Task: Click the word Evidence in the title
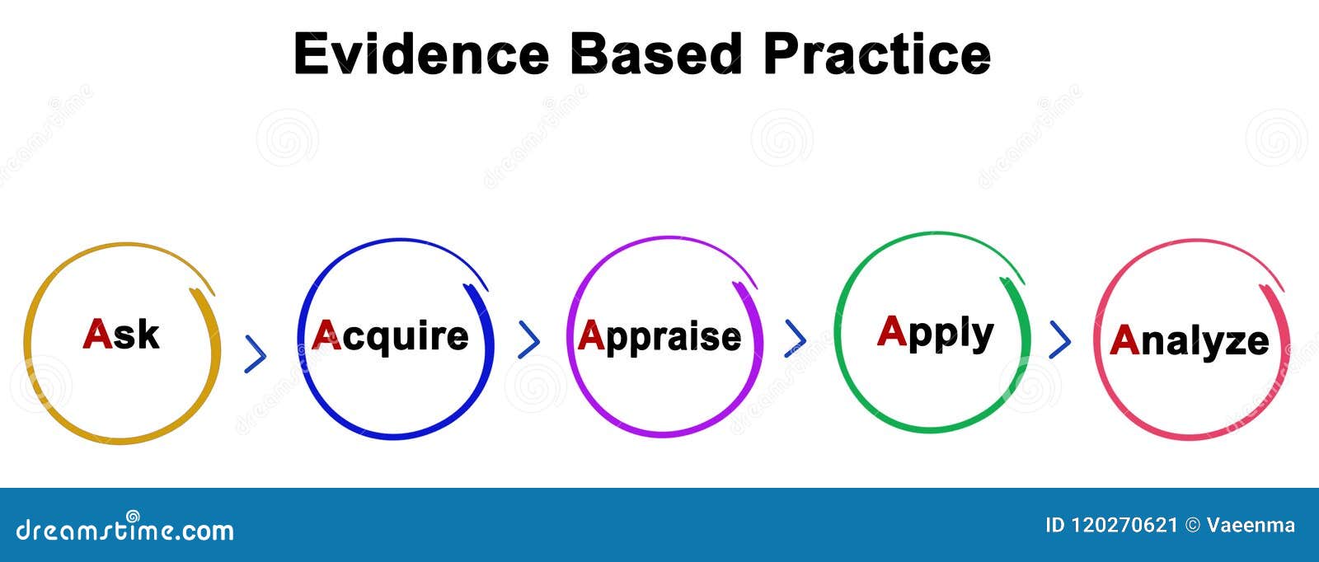[x=421, y=54]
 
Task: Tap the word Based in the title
[x=656, y=54]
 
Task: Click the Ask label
[x=121, y=335]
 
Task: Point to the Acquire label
[x=390, y=336]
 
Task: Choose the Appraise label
[x=659, y=337]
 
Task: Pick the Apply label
[x=935, y=332]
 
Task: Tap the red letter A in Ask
[x=97, y=334]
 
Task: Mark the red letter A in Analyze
[x=1124, y=340]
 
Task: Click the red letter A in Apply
[x=892, y=330]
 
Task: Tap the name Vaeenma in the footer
[x=1251, y=525]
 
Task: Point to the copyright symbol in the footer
[x=1192, y=525]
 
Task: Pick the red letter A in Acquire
[x=326, y=335]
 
